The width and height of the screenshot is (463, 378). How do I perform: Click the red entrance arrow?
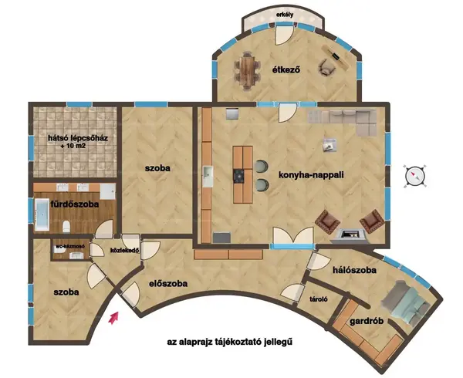[x=113, y=318]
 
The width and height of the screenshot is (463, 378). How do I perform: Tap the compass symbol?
[x=416, y=176]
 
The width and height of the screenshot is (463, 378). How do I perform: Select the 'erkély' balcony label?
[x=285, y=15]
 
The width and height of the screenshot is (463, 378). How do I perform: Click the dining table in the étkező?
[x=247, y=71]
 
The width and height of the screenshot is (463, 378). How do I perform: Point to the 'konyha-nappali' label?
[x=311, y=174]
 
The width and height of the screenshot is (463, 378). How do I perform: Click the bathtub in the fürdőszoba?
[x=42, y=214]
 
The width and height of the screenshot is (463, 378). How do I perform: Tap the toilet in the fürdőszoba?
[x=66, y=226]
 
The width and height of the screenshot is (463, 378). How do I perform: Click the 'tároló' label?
[x=318, y=299]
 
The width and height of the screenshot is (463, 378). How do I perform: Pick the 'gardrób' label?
[x=367, y=321]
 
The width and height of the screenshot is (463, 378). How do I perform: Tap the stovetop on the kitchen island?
[x=238, y=176]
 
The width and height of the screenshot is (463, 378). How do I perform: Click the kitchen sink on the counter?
[x=208, y=176]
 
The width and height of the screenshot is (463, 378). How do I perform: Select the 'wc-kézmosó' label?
[x=71, y=246]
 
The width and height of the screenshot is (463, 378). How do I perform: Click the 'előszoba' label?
[x=168, y=284]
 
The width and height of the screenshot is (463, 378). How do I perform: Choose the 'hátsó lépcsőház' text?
[x=78, y=138]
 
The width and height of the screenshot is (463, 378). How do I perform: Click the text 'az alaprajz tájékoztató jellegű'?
[x=230, y=342]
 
